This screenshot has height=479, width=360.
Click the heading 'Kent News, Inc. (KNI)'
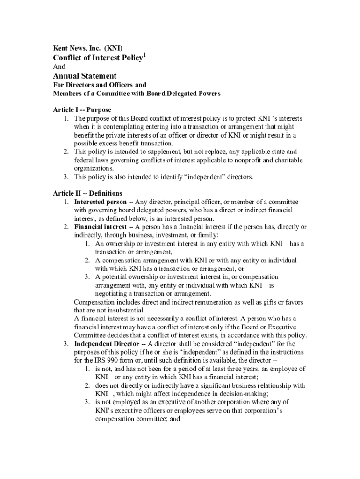(x=87, y=48)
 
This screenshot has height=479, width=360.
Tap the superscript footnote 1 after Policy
(x=144, y=56)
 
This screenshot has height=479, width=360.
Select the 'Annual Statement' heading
(x=85, y=76)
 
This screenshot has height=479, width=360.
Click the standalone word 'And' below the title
(x=59, y=67)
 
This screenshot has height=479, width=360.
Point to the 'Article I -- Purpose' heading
(x=82, y=110)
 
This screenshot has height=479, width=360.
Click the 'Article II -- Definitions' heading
(x=87, y=193)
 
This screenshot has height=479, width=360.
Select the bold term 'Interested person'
(x=100, y=202)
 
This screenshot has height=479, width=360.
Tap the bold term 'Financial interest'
(x=100, y=227)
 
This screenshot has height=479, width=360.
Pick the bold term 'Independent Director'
(x=106, y=344)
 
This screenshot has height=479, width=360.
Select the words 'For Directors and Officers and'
(x=100, y=85)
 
